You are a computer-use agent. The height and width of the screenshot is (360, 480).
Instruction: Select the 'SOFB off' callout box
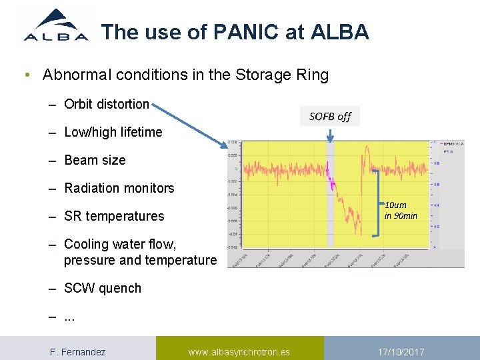[330, 117]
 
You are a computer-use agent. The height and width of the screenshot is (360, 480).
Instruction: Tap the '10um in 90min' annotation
[401, 210]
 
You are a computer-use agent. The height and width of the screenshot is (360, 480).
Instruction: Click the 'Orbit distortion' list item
[107, 104]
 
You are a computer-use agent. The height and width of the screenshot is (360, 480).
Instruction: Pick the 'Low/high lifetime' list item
[113, 132]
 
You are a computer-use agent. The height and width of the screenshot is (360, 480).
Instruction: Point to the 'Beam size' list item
[95, 160]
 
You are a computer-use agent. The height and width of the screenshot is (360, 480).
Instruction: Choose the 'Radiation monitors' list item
[119, 188]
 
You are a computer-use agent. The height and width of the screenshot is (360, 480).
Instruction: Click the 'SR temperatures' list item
[114, 216]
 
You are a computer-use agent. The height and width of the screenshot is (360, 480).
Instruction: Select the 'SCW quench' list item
[103, 288]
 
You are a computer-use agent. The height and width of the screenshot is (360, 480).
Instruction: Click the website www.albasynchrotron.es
[239, 351]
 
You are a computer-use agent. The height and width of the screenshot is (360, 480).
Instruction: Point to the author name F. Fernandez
[78, 351]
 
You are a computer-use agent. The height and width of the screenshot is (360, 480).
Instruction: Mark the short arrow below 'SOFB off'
[330, 135]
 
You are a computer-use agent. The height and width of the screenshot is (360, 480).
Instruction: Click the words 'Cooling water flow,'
[120, 245]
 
